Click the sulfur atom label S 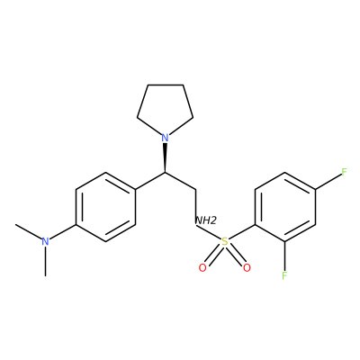pos(225,241)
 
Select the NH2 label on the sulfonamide pos(206,220)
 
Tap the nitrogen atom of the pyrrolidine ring pos(165,138)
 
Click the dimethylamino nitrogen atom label pos(45,241)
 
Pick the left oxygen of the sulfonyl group pos(202,267)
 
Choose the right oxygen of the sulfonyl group pos(247,267)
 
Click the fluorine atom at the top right pos(345,172)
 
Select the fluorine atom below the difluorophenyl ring pos(284,275)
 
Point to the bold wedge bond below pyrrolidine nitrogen pos(165,158)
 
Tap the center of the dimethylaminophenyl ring pos(105,207)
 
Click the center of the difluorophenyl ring pos(284,207)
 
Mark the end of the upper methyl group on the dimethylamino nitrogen pos(15,224)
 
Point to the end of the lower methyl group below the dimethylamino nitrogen pos(45,275)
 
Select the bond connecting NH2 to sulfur pos(209,231)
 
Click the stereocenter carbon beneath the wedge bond pos(165,173)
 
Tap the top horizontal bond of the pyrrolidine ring pos(166,85)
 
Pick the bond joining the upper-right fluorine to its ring pos(328,182)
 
